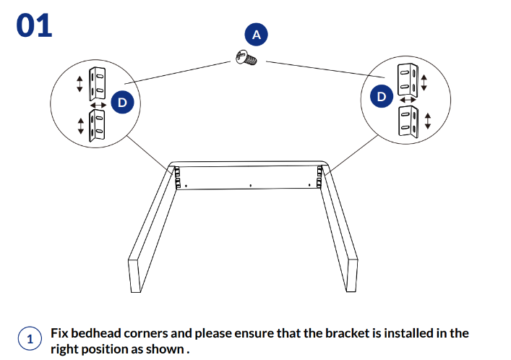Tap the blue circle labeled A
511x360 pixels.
click(255, 34)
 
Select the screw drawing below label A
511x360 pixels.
click(246, 58)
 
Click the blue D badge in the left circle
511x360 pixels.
click(122, 103)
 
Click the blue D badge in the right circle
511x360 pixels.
click(382, 96)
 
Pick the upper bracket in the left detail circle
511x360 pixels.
click(96, 83)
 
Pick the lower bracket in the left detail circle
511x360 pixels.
click(97, 123)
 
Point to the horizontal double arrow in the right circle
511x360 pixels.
click(408, 99)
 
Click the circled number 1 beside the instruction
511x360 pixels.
click(30, 339)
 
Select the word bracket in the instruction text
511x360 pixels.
click(332, 333)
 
